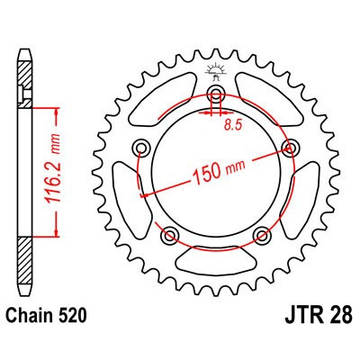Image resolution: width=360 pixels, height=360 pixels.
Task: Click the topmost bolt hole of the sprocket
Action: (216, 97)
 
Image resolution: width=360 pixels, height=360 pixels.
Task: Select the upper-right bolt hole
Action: (289, 148)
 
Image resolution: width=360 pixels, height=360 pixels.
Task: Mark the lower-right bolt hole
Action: (262, 236)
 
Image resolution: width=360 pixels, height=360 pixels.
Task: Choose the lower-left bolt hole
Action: (170, 236)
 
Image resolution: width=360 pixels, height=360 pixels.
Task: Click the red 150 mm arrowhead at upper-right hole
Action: (284, 150)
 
